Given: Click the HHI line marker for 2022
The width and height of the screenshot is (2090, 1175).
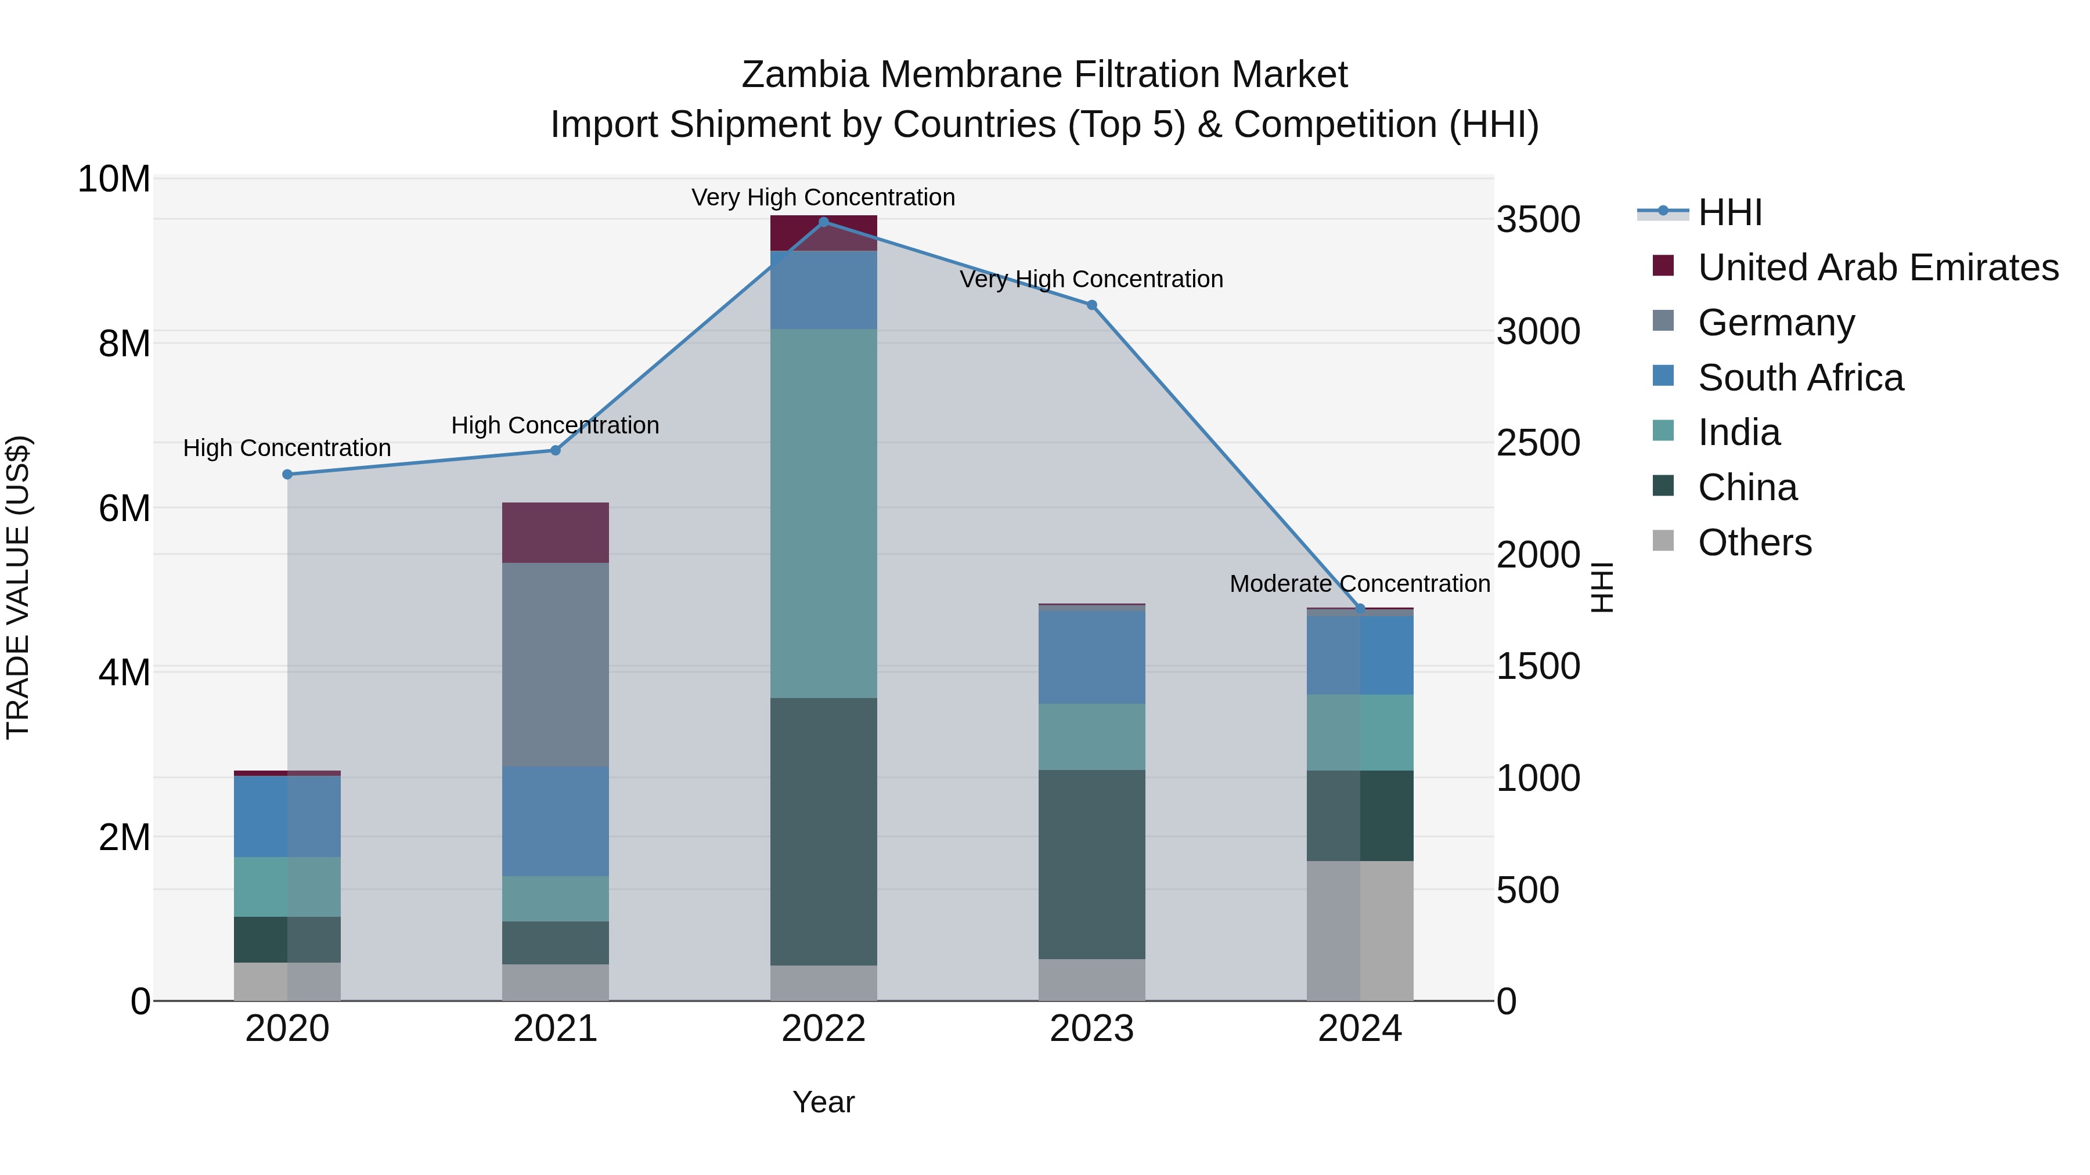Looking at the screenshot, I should click(x=823, y=222).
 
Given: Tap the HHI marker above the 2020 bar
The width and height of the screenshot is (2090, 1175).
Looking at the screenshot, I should click(x=287, y=475).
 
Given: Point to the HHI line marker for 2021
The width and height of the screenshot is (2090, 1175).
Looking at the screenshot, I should click(x=556, y=451).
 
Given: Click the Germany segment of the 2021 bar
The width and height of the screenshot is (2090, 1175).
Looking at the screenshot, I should click(x=556, y=664).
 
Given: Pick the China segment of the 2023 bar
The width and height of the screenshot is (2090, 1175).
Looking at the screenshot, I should click(x=1092, y=865).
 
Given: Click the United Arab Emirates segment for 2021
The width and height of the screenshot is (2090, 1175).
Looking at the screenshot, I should click(x=556, y=533).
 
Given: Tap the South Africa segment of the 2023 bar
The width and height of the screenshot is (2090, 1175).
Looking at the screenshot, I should click(x=1092, y=657).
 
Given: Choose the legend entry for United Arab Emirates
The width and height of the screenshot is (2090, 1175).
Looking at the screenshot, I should click(x=1878, y=267).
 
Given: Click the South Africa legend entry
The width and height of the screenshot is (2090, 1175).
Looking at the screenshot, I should click(x=1800, y=378).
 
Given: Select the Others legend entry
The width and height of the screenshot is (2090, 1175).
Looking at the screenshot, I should click(x=1754, y=543).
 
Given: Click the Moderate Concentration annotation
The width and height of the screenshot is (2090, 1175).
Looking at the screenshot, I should click(x=1360, y=584).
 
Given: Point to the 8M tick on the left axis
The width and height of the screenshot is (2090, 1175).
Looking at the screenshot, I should click(x=124, y=344).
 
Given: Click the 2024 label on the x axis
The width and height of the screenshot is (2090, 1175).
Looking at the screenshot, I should click(x=1360, y=1029).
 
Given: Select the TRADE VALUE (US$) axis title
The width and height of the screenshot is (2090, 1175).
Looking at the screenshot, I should click(x=18, y=587).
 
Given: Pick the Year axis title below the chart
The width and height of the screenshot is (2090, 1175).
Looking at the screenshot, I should click(x=823, y=1102).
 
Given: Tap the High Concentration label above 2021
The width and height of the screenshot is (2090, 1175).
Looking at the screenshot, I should click(x=555, y=426).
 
